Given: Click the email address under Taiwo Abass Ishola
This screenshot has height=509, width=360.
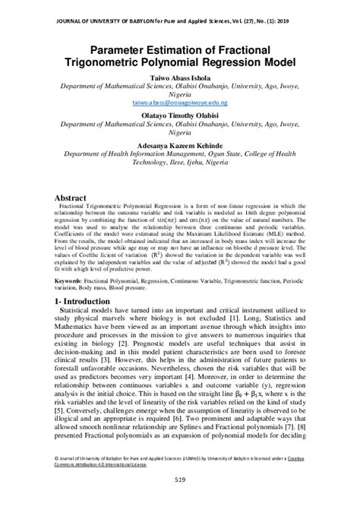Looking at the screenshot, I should point(180,100).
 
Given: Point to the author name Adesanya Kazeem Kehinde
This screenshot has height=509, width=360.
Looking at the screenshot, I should point(180,144).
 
